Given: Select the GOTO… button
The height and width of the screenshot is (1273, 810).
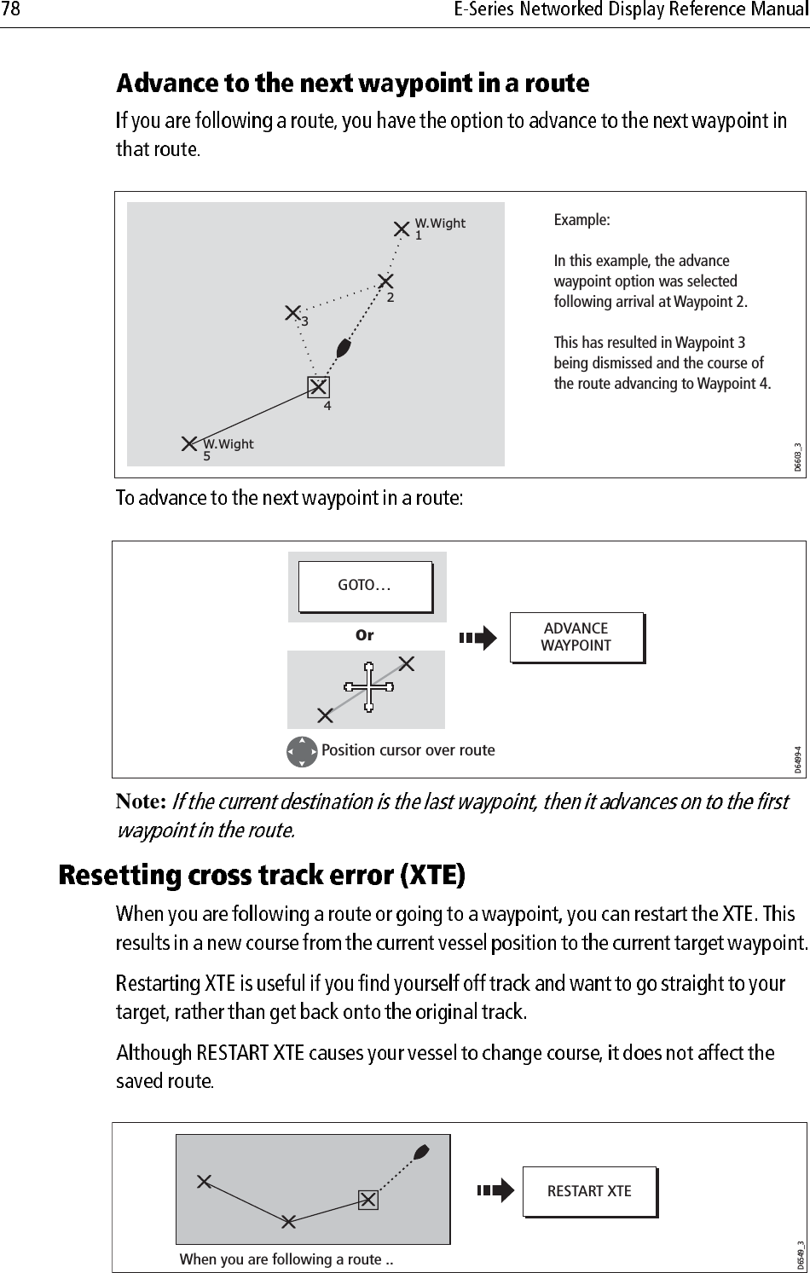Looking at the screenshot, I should pyautogui.click(x=365, y=587).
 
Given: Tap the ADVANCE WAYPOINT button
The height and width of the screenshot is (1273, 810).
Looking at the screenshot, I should pyautogui.click(x=576, y=637).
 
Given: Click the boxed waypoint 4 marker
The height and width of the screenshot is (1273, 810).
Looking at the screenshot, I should pyautogui.click(x=318, y=387).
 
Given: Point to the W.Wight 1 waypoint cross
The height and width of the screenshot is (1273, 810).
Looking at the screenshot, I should pyautogui.click(x=402, y=229).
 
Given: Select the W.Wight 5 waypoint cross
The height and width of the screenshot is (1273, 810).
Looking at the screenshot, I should pyautogui.click(x=189, y=443).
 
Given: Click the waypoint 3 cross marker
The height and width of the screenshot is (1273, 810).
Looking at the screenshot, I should pyautogui.click(x=293, y=313).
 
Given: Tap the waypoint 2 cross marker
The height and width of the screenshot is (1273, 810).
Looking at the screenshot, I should pyautogui.click(x=386, y=281).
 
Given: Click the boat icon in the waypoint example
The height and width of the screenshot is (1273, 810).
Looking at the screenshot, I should pyautogui.click(x=344, y=348).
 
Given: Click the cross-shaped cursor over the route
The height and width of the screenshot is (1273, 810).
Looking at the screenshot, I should pyautogui.click(x=368, y=686).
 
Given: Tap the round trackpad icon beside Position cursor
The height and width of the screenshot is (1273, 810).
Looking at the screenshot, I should pyautogui.click(x=303, y=751).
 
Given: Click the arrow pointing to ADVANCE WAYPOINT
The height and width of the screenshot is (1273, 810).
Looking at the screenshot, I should pyautogui.click(x=477, y=638).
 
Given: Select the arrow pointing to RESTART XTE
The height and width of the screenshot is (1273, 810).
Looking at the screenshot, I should pyautogui.click(x=496, y=1190).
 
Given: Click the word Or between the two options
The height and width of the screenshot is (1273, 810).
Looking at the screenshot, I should pyautogui.click(x=364, y=635).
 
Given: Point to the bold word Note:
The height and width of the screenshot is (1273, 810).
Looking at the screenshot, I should pyautogui.click(x=141, y=802).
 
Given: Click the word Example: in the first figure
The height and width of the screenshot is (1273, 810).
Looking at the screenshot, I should pyautogui.click(x=581, y=220).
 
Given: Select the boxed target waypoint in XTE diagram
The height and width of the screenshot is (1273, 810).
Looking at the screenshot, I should pyautogui.click(x=367, y=1200).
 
